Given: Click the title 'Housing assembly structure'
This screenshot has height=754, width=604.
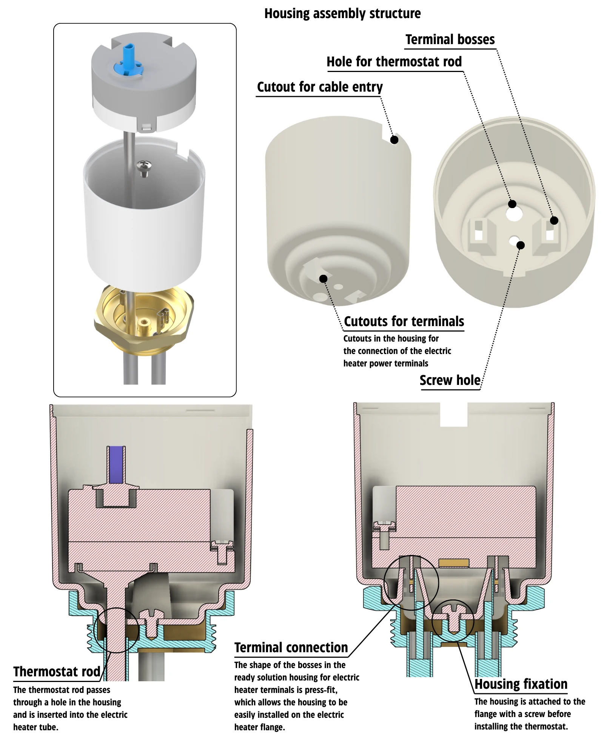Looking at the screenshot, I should [342, 14].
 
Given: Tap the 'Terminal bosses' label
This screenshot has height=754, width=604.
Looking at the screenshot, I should [450, 40].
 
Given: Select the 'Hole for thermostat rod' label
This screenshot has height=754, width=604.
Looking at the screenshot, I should [394, 62].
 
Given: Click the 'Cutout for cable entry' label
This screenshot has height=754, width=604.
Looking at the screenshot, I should [320, 87].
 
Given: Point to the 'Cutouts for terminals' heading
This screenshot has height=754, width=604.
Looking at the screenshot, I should [404, 322].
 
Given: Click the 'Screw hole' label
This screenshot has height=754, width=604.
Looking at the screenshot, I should [450, 380].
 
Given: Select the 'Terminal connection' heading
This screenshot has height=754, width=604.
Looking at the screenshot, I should [291, 647].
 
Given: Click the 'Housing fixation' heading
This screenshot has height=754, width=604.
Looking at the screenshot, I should [521, 684].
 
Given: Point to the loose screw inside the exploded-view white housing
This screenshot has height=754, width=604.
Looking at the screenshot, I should [144, 167].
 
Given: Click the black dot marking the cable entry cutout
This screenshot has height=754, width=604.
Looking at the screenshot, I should [394, 140].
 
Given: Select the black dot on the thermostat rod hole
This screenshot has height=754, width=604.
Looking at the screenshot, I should [512, 204].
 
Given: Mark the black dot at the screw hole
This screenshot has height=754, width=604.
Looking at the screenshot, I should [521, 245].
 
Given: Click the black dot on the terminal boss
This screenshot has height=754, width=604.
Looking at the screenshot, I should [554, 221].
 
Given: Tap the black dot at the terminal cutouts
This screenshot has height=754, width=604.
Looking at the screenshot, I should [323, 279].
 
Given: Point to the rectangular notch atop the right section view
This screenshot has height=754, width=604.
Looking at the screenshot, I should [454, 415].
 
